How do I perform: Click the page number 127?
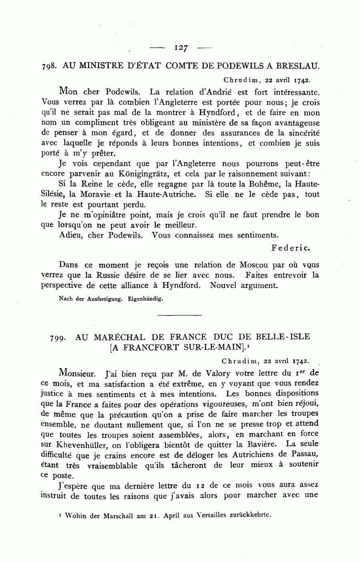click(181, 48)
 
